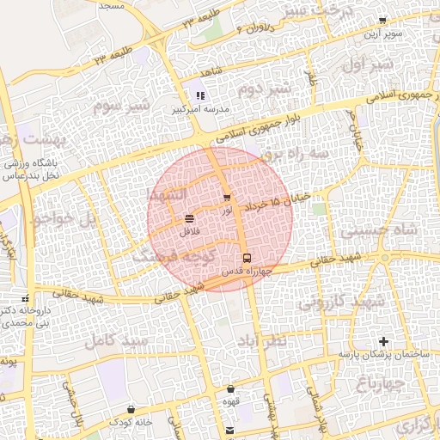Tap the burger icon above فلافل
[189, 219]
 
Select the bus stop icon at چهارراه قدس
[247, 258]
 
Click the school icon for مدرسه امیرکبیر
[199, 96]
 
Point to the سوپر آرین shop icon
[382, 21]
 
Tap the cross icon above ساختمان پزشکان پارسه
[384, 342]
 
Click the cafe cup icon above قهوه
[230, 388]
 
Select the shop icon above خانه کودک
[131, 409]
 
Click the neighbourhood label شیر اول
[367, 65]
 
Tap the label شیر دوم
[260, 89]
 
